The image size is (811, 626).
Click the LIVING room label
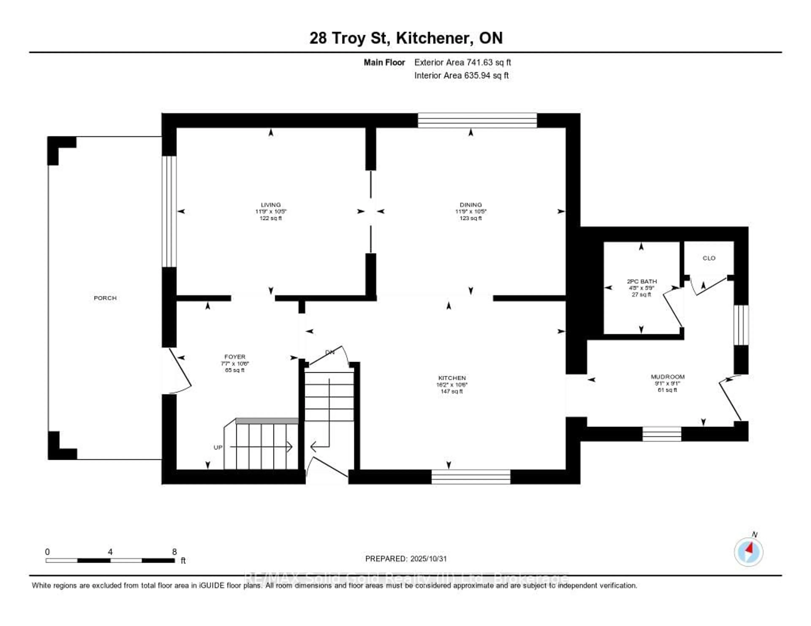(271, 205)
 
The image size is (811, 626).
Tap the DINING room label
(471, 205)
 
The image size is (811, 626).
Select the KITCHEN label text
(452, 378)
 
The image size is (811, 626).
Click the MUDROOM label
(667, 377)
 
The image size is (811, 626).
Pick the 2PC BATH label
(642, 281)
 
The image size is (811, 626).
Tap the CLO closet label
(709, 258)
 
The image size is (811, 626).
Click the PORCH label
(105, 298)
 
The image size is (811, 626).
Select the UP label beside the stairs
(218, 447)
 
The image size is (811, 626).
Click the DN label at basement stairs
(330, 352)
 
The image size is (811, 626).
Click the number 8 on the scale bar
(174, 552)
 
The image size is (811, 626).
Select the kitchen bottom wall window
(471, 477)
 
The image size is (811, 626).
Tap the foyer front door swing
(180, 371)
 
